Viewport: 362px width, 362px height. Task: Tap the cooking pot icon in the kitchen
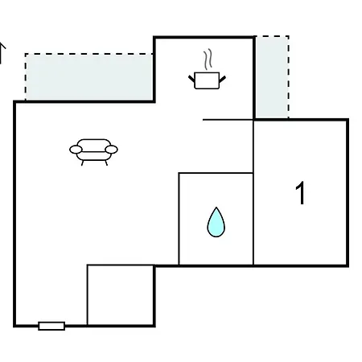[x=207, y=80]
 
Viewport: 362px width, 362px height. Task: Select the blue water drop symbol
[x=216, y=222]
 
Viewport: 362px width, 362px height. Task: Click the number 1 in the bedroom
[x=300, y=193]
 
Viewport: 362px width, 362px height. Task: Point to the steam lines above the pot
[x=208, y=59]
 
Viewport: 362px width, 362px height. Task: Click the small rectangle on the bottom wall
[x=51, y=326]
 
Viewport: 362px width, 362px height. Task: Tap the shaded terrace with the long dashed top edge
[x=89, y=77]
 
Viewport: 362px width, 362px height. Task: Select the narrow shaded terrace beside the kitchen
[x=272, y=77]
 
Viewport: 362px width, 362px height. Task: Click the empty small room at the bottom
[x=121, y=295]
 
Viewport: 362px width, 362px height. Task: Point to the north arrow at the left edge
[x=2, y=53]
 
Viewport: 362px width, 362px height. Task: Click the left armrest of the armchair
[x=76, y=150]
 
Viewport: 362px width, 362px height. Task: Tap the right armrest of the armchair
[x=111, y=150]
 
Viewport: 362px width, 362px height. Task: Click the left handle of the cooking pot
[x=191, y=79]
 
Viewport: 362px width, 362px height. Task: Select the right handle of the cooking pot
[x=223, y=79]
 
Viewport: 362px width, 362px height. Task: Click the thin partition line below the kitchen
[x=228, y=120]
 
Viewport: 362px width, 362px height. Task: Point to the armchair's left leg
[x=82, y=163]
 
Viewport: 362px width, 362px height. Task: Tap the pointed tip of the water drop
[x=216, y=207]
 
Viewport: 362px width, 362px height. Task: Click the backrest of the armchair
[x=94, y=143]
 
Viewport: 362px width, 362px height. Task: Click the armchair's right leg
[x=106, y=162]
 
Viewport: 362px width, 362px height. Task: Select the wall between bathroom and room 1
[x=253, y=219]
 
